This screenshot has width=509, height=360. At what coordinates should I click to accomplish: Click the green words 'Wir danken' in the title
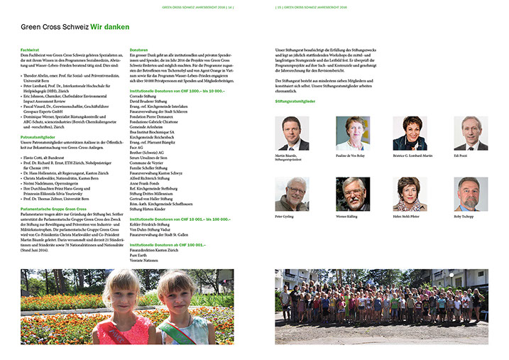tap(109, 27)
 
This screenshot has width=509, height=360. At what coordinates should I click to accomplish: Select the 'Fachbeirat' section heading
tap(30, 50)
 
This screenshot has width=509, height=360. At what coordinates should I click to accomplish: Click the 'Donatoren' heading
tap(139, 50)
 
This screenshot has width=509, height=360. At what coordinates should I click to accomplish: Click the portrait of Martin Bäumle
tap(292, 133)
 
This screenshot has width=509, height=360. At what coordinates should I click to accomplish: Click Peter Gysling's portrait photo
tap(292, 194)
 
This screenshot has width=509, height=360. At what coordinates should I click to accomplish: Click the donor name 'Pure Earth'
tap(138, 254)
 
